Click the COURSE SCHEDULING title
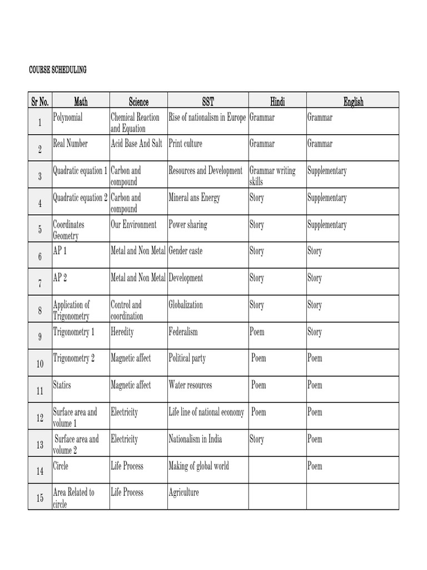[x=58, y=70]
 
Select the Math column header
[x=81, y=101]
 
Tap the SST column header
[x=207, y=101]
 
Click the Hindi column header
[x=277, y=101]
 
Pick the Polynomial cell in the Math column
[x=68, y=117]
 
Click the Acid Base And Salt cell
[x=136, y=144]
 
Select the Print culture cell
[x=186, y=144]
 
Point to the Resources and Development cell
[x=206, y=171]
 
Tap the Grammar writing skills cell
[x=272, y=176]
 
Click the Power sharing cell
[x=188, y=225]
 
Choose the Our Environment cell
[x=133, y=225]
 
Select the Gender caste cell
[x=186, y=251]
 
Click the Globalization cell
[x=186, y=305]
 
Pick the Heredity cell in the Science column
[x=122, y=332]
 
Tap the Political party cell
[x=187, y=358]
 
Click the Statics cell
[x=62, y=385]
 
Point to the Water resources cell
[x=190, y=385]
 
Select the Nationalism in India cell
[x=195, y=439]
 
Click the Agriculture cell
[x=183, y=493]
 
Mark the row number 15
[x=40, y=498]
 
